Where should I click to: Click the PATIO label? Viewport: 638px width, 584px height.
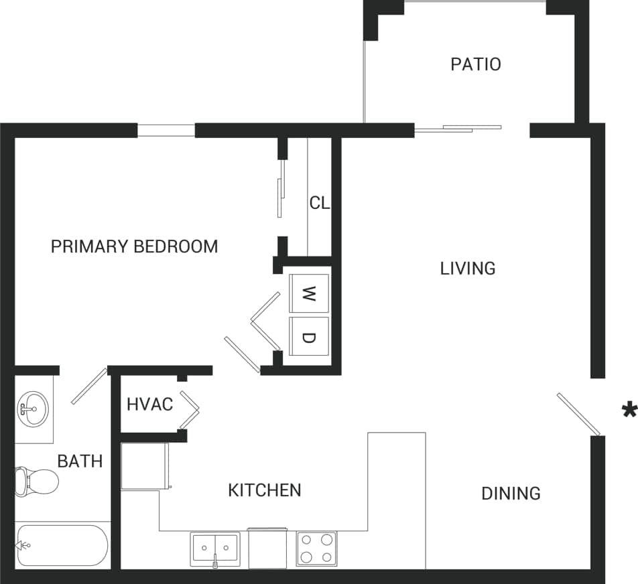475,64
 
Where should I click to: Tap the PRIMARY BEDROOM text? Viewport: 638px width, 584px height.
134,246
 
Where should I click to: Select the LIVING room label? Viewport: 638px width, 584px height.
468,269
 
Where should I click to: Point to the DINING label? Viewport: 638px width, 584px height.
511,494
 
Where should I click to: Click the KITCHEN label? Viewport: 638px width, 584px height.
265,490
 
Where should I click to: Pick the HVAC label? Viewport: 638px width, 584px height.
149,405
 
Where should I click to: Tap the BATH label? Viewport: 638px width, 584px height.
80,461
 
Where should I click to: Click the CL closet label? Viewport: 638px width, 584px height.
320,203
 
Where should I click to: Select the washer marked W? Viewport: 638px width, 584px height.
308,293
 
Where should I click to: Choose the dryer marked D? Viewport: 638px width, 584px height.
308,337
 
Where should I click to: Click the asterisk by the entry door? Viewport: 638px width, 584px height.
629,410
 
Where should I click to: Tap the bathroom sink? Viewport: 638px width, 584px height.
31,408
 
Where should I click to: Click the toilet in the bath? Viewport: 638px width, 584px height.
38,480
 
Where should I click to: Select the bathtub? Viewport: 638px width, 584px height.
62,545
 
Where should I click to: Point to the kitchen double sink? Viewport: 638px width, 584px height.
214,549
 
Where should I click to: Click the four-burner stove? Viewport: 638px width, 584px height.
316,549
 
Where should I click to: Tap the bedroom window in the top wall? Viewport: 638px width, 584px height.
166,130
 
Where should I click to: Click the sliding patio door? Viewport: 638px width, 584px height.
458,127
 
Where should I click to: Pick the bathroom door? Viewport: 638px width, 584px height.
89,386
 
